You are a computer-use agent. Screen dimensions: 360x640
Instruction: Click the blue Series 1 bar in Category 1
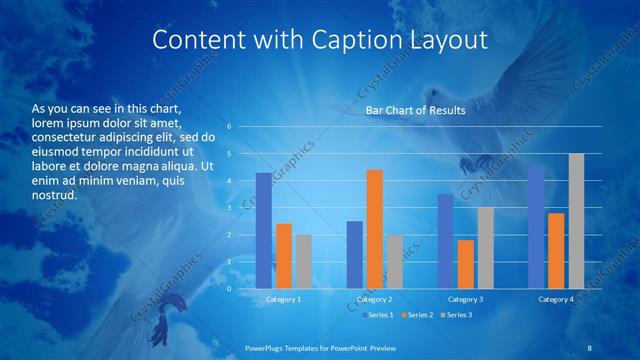tap(264, 231)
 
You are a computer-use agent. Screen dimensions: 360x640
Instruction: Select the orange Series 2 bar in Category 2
tap(375, 229)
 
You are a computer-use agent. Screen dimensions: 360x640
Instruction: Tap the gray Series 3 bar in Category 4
tap(576, 221)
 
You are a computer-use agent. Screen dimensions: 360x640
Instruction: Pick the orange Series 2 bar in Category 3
tap(466, 264)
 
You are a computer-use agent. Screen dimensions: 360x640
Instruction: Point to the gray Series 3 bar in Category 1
tap(304, 262)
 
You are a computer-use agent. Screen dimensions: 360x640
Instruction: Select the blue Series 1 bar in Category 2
tap(355, 255)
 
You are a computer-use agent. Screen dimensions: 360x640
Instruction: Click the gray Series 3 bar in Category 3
tap(485, 248)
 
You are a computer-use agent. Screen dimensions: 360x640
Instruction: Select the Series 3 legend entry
tap(457, 315)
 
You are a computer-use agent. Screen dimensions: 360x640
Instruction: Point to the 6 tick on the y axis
tap(229, 127)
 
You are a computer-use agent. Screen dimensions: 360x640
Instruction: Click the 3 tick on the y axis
tap(229, 208)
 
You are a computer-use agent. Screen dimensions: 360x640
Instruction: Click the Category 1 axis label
tap(284, 299)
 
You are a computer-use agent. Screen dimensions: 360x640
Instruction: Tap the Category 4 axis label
tap(556, 299)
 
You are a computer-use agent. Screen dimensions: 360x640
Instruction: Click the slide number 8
tap(589, 346)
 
